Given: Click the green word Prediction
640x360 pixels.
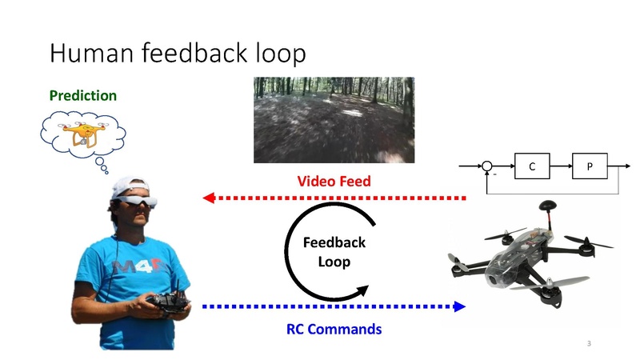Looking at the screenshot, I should coord(82,96).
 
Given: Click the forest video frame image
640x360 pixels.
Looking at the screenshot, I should coord(334,120).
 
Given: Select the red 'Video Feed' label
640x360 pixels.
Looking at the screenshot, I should coord(334,182).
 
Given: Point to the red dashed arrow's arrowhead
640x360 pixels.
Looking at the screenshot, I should coord(210,198).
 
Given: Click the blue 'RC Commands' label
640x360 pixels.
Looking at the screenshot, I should coord(334,329).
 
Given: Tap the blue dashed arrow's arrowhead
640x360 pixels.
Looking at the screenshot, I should coord(459,306).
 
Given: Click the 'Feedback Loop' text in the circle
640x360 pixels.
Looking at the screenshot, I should coord(334,251).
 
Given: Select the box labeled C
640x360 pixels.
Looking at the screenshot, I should coord(532,168).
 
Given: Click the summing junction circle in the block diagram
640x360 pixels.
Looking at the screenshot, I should coord(486,168).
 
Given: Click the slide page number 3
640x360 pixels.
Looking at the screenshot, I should coord(589,343).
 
